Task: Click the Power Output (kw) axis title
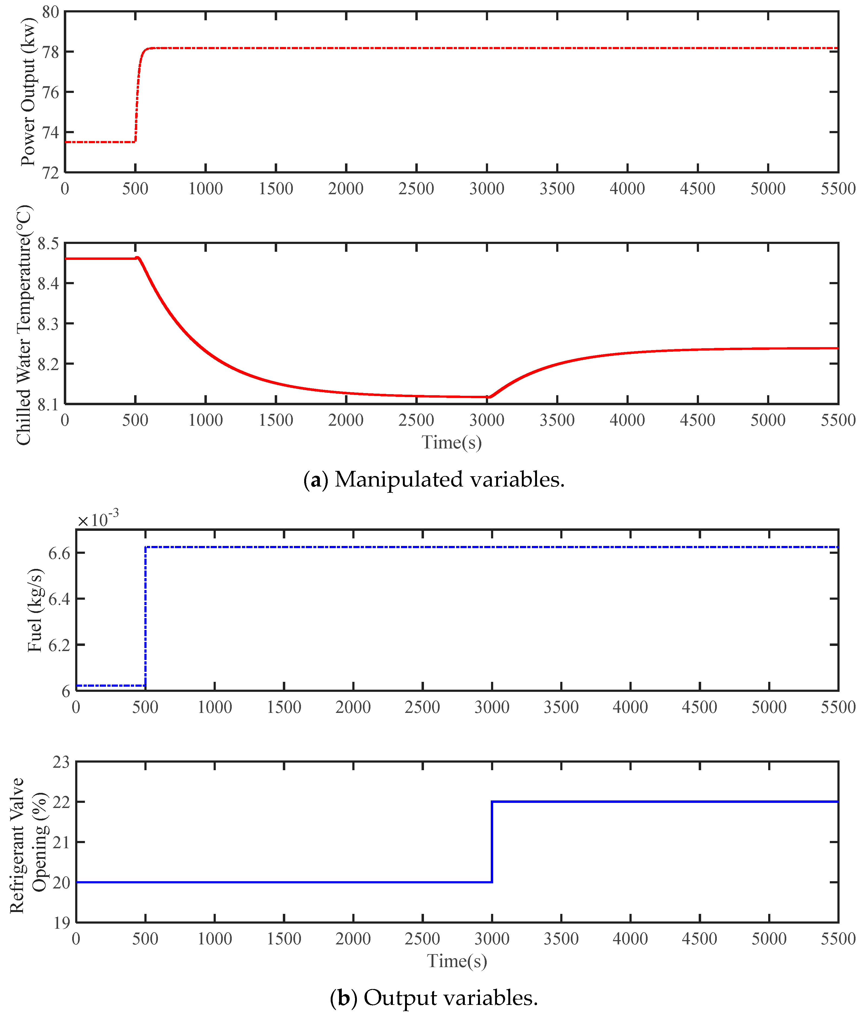(28, 92)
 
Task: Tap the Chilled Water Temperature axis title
(24, 325)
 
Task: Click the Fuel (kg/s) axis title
(35, 610)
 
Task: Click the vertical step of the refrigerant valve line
(492, 842)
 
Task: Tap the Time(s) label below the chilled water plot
(452, 442)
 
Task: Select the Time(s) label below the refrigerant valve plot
(457, 961)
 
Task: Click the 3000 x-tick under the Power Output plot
(487, 189)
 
